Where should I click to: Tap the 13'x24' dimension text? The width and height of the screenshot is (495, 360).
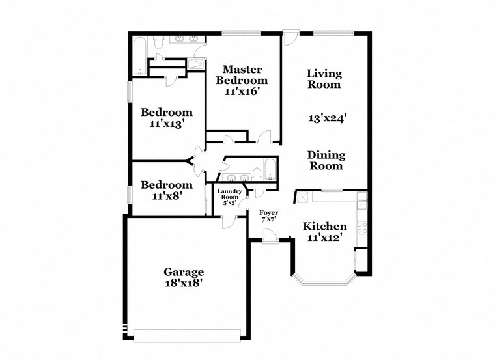(326, 118)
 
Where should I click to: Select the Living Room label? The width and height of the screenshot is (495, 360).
(324, 79)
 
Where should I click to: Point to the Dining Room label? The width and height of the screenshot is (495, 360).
(326, 160)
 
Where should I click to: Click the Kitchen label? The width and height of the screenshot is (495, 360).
(325, 227)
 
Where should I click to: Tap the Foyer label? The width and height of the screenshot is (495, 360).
(269, 213)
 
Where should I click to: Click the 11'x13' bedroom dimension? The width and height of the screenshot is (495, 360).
(167, 123)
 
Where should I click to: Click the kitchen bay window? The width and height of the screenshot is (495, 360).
(325, 281)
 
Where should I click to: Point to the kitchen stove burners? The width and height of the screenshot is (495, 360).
(363, 228)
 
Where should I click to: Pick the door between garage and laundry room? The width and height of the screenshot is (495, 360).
(228, 222)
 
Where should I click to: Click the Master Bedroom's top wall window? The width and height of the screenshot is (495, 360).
(241, 33)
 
